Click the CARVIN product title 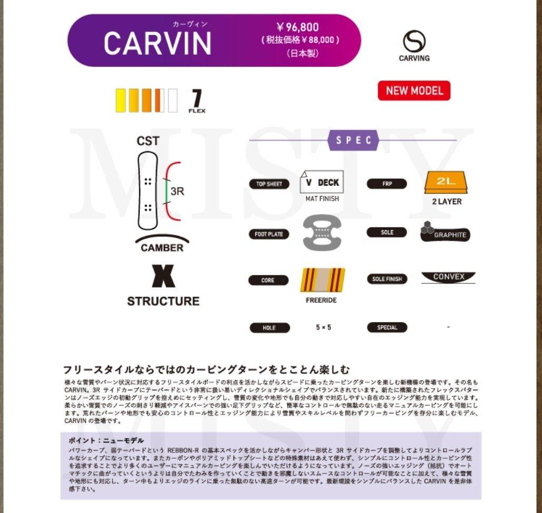157,43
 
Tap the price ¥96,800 298,27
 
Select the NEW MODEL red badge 414,91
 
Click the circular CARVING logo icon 414,42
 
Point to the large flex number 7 197,98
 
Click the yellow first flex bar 121,101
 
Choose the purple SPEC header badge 353,141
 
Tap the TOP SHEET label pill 269,184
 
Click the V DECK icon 322,182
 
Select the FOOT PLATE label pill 269,234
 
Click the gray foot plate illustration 322,232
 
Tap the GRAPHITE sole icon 445,232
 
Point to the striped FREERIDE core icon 322,280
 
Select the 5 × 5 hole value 323,327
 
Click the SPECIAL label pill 387,328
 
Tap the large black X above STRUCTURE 163,275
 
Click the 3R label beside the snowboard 178,191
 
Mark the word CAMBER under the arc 162,248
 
